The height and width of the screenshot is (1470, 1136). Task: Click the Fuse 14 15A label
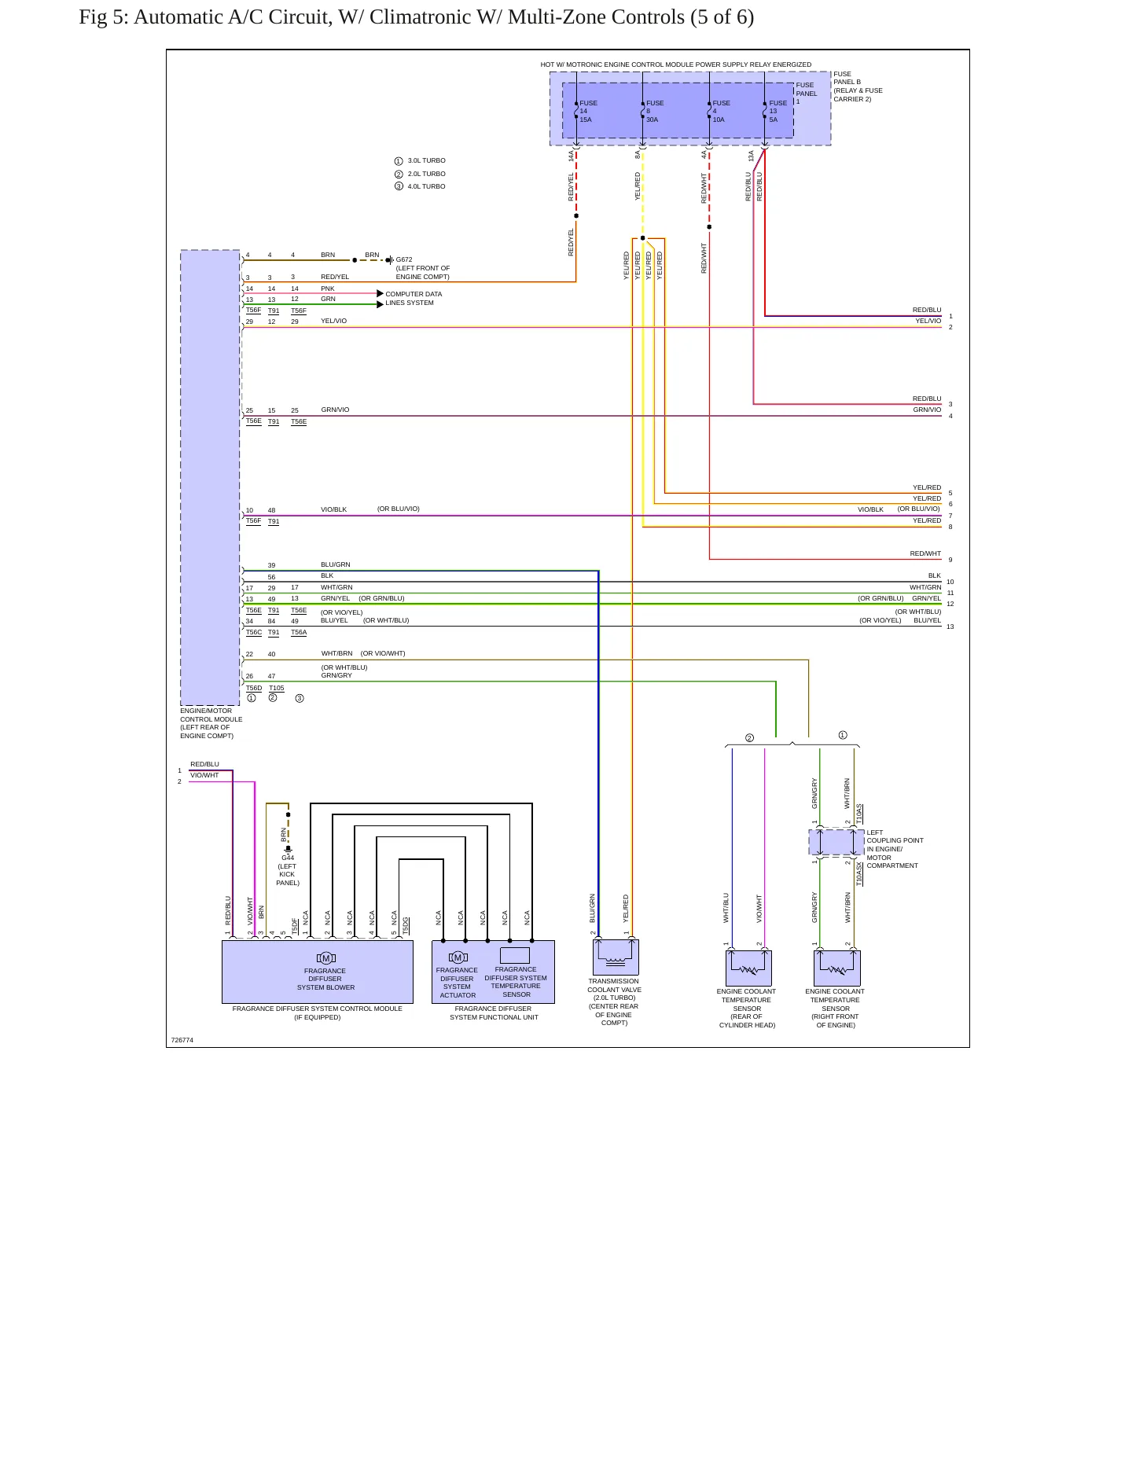[x=588, y=112]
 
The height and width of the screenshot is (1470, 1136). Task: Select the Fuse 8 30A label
[x=655, y=112]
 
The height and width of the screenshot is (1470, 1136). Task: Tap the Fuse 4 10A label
[x=721, y=112]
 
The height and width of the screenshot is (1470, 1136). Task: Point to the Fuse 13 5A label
[x=778, y=112]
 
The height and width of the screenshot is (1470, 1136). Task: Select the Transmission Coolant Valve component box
[x=616, y=957]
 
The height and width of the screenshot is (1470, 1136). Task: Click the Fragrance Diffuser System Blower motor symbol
[x=325, y=957]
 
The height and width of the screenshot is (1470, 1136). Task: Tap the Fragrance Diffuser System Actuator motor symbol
[x=458, y=957]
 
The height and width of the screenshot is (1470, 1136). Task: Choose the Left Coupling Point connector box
[x=836, y=842]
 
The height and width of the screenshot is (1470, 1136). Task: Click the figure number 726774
[x=182, y=1040]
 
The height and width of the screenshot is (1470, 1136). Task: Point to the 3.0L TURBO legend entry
[x=420, y=160]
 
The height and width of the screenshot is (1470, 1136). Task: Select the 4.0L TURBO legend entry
[x=420, y=186]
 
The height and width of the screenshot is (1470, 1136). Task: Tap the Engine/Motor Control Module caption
[x=211, y=723]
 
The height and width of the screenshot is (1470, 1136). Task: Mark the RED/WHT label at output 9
[x=925, y=553]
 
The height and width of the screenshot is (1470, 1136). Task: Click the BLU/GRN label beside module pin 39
[x=336, y=564]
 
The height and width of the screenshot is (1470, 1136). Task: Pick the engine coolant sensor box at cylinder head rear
[x=748, y=968]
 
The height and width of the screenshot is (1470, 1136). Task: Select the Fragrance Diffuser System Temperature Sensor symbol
[x=515, y=955]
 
